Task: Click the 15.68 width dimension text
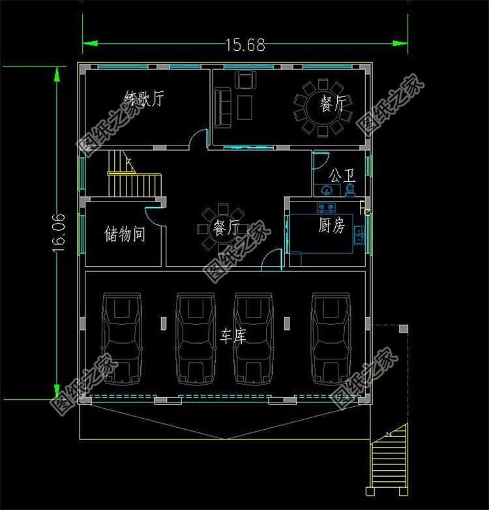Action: coord(245,44)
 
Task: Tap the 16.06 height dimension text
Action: coord(59,232)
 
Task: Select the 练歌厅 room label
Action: coord(144,98)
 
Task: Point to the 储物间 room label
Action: coord(125,233)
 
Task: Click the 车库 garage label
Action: coord(233,336)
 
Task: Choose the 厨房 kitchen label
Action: coord(332,225)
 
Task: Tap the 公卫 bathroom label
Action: coord(342,175)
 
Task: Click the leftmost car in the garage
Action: coord(122,338)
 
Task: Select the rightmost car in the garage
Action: coord(331,338)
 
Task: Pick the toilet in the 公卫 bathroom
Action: coord(350,190)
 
